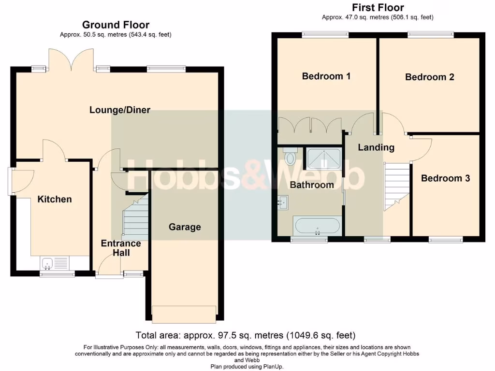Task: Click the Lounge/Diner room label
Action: coord(120,110)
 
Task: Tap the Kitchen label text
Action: coord(55,199)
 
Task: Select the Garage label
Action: coord(185,227)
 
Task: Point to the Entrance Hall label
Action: coord(121,248)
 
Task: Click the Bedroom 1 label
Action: coord(326,76)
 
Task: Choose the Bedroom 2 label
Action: coord(429,77)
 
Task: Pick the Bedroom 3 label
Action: coord(445,178)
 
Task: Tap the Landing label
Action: coord(376,147)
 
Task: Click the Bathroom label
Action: coord(311,185)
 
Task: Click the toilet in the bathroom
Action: coord(291,157)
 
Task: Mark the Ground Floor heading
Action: coord(116,25)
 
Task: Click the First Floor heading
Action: coord(378,7)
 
